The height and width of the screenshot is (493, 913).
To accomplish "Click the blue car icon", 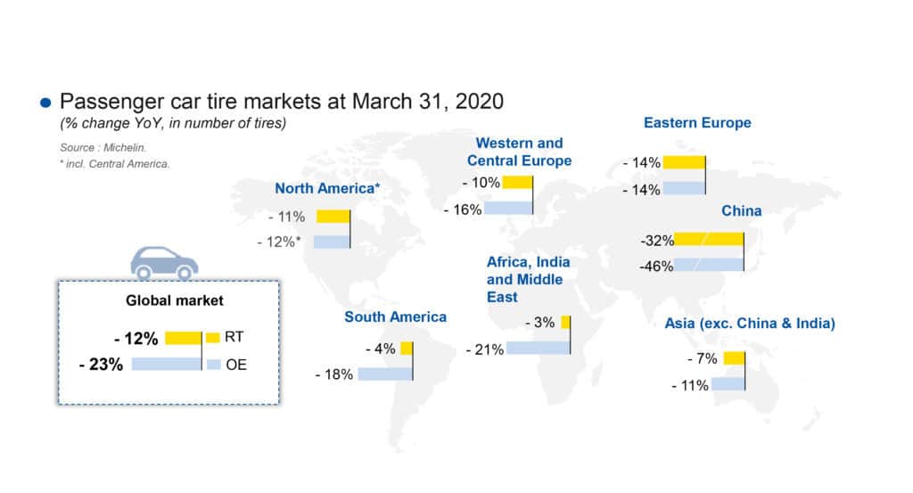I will pos(164,261).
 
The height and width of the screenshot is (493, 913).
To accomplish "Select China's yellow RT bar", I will pos(708,239).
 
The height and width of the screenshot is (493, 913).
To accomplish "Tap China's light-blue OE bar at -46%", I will pos(708,265).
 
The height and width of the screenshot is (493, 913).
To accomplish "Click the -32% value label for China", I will pos(656,240).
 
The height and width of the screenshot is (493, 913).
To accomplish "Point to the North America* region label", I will pos(327,188).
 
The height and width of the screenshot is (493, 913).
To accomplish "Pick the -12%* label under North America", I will pos(281,242).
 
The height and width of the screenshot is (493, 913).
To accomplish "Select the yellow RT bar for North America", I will pos(332,217).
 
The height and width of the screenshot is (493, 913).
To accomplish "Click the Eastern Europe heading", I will pos(697,123).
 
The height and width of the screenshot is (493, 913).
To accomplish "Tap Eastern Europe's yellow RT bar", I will pos(684,162).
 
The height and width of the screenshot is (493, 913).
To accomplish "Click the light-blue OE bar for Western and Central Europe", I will pos(509,208).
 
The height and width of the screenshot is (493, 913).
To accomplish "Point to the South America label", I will pos(396,316).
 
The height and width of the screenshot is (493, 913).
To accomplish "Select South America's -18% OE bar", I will pos(385,374).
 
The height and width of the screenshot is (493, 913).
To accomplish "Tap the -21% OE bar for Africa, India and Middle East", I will pos(538,348).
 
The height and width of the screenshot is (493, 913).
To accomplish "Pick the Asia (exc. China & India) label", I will pos(750,323).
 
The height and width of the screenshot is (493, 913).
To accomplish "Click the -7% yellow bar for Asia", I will pos(734,358).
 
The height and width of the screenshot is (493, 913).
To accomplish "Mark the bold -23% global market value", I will pos(99,364).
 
